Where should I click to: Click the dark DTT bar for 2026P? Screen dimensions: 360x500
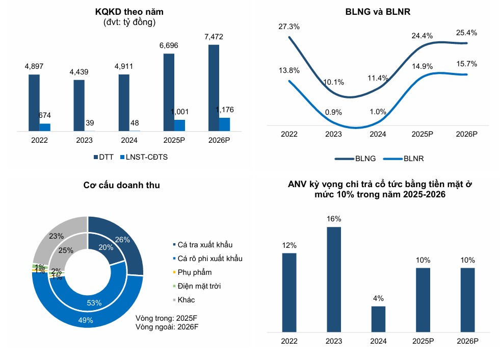tap(214, 88)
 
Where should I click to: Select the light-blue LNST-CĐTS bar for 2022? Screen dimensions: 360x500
tap(45, 127)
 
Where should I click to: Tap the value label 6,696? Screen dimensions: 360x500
tap(169, 45)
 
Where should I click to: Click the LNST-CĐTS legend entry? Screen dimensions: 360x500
tap(143, 157)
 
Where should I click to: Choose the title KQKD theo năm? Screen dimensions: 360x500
tap(125, 12)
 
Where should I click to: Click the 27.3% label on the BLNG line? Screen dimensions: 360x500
tap(289, 26)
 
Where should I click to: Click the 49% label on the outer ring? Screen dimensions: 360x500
tap(86, 320)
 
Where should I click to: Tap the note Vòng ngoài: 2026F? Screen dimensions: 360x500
tap(166, 326)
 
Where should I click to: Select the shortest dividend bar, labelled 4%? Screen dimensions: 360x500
tap(378, 319)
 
